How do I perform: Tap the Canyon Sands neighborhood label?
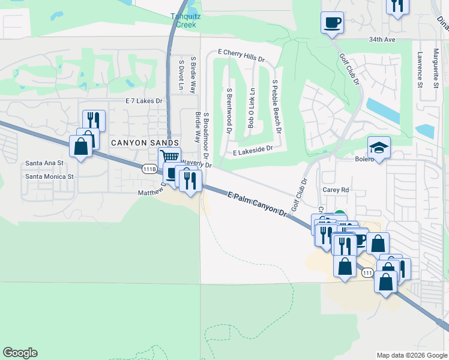pyautogui.click(x=145, y=143)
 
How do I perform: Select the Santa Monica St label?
pyautogui.click(x=49, y=176)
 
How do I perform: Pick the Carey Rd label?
pyautogui.click(x=336, y=190)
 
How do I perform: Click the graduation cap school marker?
pyautogui.click(x=379, y=147)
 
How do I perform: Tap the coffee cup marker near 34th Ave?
pyautogui.click(x=332, y=23)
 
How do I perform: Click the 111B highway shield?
pyautogui.click(x=150, y=169)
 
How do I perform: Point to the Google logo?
pyautogui.click(x=20, y=353)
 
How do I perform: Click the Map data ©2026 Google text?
pyautogui.click(x=411, y=355)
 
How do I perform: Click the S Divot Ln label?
pyautogui.click(x=181, y=75)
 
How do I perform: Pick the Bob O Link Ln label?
pyautogui.click(x=252, y=108)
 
